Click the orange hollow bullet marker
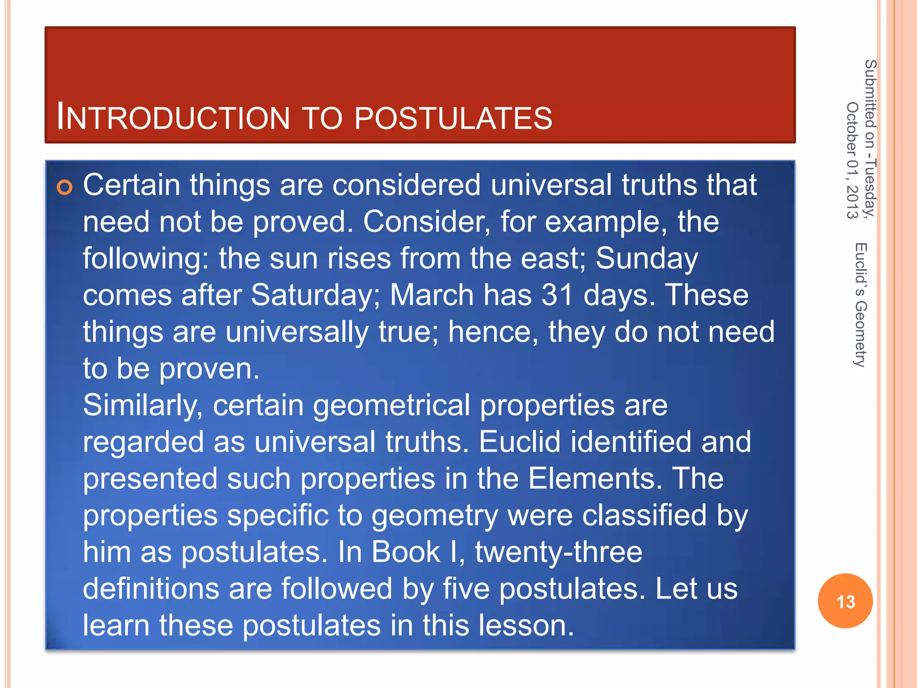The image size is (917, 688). click(x=64, y=187)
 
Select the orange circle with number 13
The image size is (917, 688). click(x=845, y=601)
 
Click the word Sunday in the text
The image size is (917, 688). click(x=647, y=259)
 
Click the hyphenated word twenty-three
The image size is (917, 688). click(x=558, y=552)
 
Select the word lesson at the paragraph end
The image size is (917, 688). click(x=526, y=625)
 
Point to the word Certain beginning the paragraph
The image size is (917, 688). click(x=131, y=185)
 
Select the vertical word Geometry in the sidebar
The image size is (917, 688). click(x=861, y=334)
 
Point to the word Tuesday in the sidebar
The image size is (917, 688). click(x=870, y=188)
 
